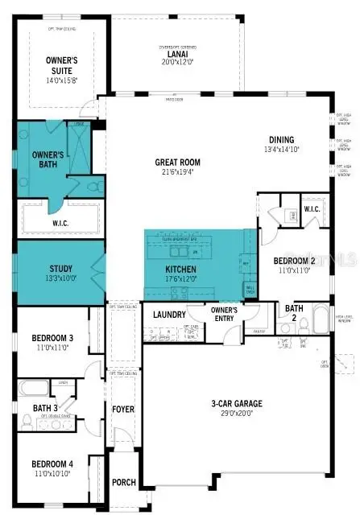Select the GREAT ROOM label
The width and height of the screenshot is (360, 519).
[x=183, y=162]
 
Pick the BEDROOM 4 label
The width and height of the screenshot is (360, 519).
[x=53, y=463]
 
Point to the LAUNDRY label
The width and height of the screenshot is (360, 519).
[x=168, y=315]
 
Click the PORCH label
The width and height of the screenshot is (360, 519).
[x=123, y=483]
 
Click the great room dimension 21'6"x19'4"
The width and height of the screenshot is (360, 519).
[x=183, y=171]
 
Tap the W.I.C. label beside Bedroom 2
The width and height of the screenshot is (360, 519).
[x=312, y=209]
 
